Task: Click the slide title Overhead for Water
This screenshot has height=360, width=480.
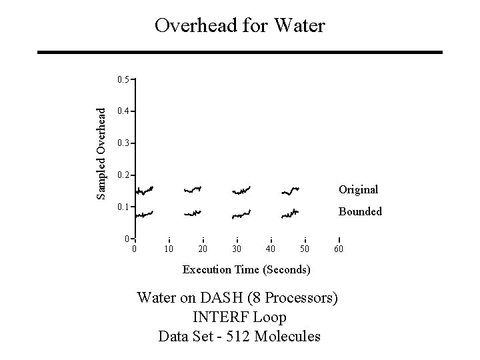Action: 239,26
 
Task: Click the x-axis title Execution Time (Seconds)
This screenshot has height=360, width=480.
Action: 246,269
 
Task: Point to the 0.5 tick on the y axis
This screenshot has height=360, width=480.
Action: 122,79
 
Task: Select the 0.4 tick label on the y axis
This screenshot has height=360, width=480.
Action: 122,111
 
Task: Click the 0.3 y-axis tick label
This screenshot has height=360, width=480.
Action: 122,143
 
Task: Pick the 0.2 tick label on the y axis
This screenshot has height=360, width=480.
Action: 122,175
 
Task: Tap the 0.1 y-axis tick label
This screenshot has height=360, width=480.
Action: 122,207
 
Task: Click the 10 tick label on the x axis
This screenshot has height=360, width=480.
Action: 169,249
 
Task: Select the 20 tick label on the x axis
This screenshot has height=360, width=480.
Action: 203,249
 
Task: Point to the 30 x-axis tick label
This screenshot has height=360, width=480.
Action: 237,249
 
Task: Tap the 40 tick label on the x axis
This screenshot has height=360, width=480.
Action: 271,249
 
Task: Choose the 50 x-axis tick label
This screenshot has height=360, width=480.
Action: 305,249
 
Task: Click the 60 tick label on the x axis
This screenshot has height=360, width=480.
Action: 339,249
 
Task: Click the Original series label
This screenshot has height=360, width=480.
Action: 358,190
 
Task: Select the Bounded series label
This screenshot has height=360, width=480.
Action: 360,211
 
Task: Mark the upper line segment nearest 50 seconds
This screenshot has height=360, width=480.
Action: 290,191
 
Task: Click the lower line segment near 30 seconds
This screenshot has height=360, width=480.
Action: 241,215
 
